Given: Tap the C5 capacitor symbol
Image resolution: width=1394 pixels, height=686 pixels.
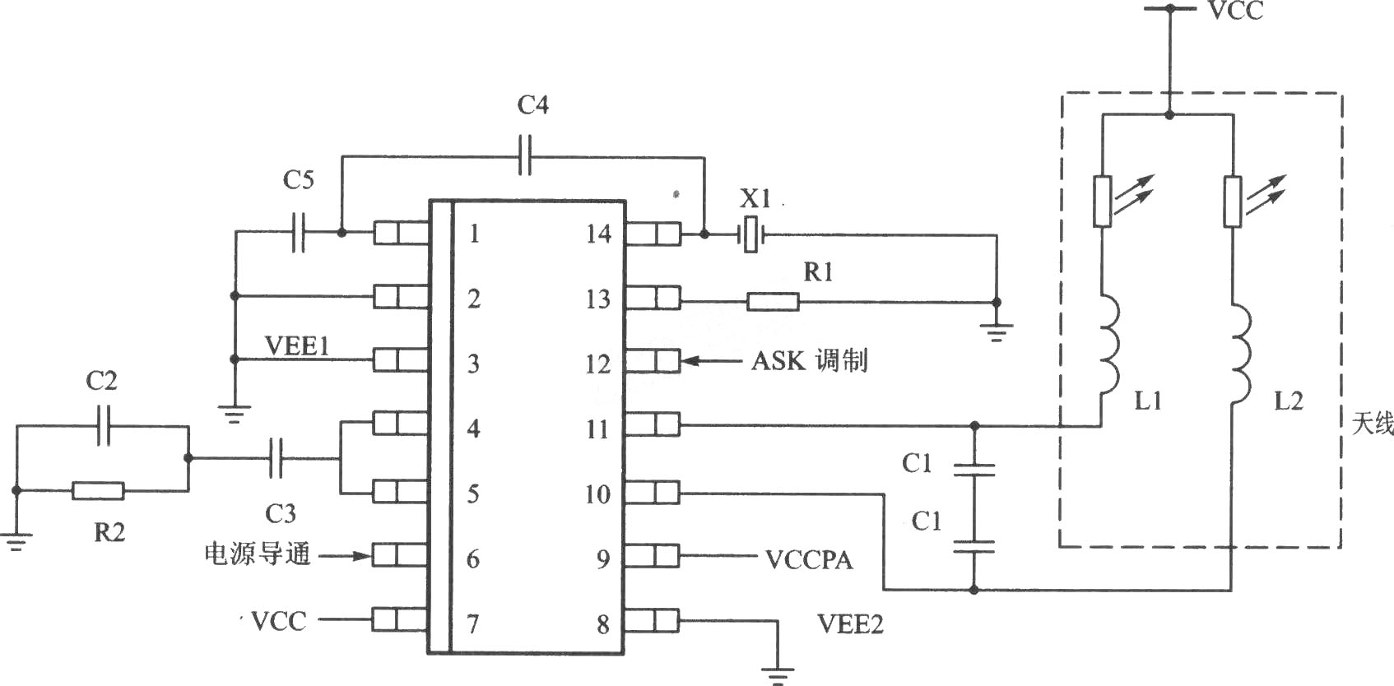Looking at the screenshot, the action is pos(298,233).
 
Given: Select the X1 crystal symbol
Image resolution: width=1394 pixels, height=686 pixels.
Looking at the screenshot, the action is pos(751,234).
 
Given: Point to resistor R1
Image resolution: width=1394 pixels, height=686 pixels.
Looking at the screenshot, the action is pos(773,302).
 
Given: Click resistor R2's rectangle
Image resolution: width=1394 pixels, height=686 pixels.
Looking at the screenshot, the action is pos(98,491).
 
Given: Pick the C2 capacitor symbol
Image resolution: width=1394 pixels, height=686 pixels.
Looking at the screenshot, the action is pos(104,426).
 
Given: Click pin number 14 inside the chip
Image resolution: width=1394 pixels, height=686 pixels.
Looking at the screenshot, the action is pos(599,234).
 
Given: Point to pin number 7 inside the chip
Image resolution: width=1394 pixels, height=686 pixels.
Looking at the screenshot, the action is pos(473,623).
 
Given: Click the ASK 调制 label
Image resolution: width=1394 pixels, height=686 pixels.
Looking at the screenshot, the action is pos(809,361).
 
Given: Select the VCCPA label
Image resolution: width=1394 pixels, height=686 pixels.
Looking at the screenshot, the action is pos(808,560).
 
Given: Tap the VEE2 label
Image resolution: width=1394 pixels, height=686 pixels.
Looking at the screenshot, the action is pos(850,623).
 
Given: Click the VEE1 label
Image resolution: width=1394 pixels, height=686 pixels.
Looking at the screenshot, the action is pos(297,345).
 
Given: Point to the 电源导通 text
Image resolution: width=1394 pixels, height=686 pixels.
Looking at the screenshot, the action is pos(258,554).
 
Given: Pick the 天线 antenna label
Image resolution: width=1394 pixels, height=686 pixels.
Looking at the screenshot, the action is pos(1373,424).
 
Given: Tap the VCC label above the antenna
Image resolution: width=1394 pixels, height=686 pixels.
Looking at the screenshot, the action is pos(1236,11).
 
